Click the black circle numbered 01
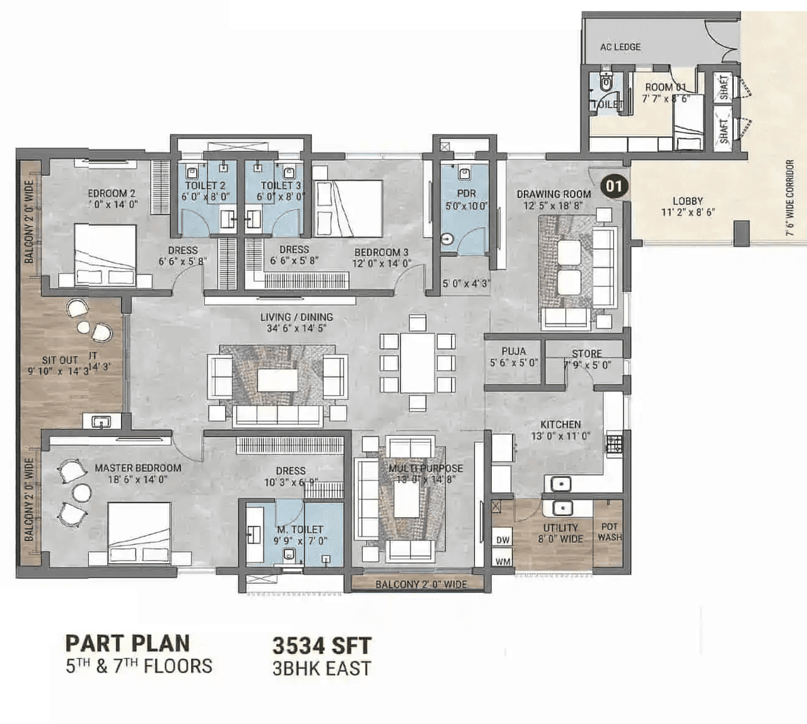tap(614, 186)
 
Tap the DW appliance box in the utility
tap(502, 540)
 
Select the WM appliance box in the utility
tap(502, 561)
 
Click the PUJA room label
tap(514, 351)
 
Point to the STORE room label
tap(586, 354)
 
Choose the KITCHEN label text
tap(560, 424)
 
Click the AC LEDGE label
tap(620, 47)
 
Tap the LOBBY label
tap(687, 201)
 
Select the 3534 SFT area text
tap(322, 646)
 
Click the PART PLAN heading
tap(127, 643)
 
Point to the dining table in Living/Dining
tap(417, 363)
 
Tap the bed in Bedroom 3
tap(348, 208)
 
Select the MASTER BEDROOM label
tap(138, 468)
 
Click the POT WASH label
tap(609, 532)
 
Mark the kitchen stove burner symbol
tap(613, 443)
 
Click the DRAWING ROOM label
tap(554, 194)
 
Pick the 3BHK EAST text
tap(322, 669)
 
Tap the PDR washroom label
tap(466, 194)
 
